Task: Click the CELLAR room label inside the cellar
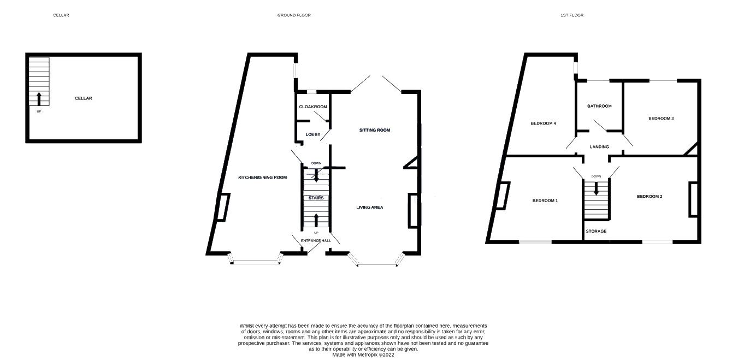(84, 98)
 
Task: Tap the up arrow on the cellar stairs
(39, 99)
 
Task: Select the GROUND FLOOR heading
(294, 15)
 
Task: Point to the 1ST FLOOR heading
(572, 15)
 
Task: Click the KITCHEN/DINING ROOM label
(262, 178)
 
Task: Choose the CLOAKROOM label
(312, 107)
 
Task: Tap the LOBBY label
(312, 134)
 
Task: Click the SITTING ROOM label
(375, 130)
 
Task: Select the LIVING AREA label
(370, 207)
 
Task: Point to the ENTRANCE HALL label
(316, 241)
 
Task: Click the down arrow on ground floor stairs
(316, 175)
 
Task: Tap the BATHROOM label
(599, 106)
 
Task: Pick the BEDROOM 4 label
(543, 123)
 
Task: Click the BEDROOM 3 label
(661, 119)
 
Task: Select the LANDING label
(599, 147)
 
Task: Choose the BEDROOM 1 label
(545, 200)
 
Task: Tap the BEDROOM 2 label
(650, 196)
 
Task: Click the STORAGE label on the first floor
(596, 231)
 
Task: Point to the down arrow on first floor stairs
(596, 188)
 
